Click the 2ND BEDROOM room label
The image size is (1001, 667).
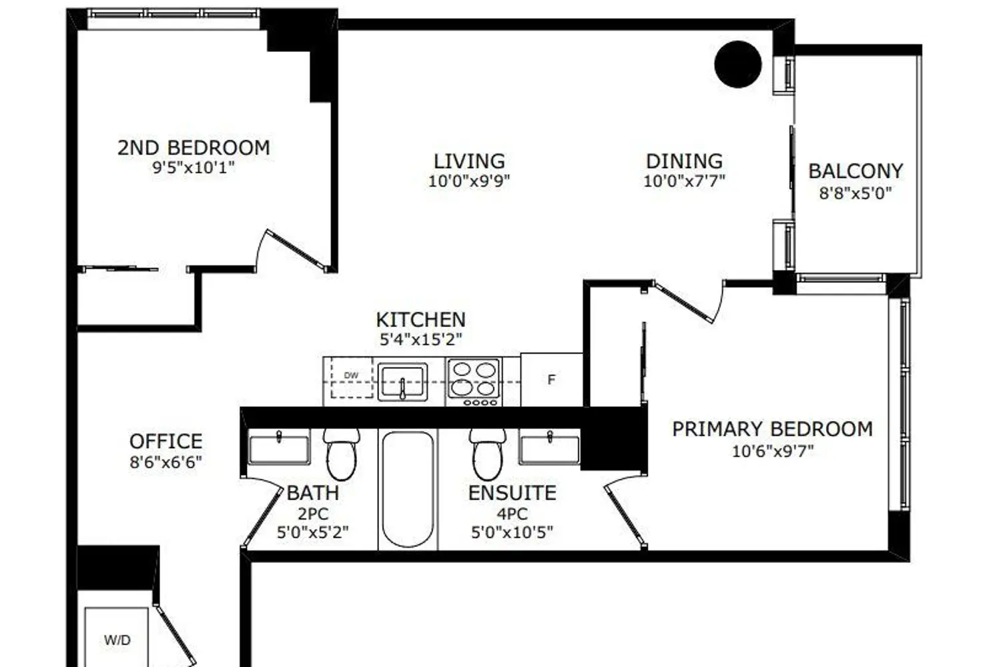[194, 148]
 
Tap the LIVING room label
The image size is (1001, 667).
[469, 161]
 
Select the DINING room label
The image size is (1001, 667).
[684, 161]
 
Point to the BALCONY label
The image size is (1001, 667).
[856, 171]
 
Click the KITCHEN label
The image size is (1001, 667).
[420, 320]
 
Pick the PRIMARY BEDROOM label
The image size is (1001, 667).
[772, 429]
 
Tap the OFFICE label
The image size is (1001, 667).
[165, 442]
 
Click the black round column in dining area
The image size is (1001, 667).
[738, 64]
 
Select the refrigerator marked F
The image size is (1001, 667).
[551, 380]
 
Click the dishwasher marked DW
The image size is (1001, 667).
[352, 378]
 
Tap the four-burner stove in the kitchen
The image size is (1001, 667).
[474, 382]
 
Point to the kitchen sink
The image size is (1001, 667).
[402, 382]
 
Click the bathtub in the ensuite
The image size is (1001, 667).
[408, 489]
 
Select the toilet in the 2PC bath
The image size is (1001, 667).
[342, 454]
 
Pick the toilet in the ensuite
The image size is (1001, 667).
[488, 454]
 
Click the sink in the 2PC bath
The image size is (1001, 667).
[279, 448]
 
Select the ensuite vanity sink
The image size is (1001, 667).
[550, 448]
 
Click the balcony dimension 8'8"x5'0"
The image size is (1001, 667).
[856, 193]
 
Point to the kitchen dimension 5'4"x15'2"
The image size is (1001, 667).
[420, 340]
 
